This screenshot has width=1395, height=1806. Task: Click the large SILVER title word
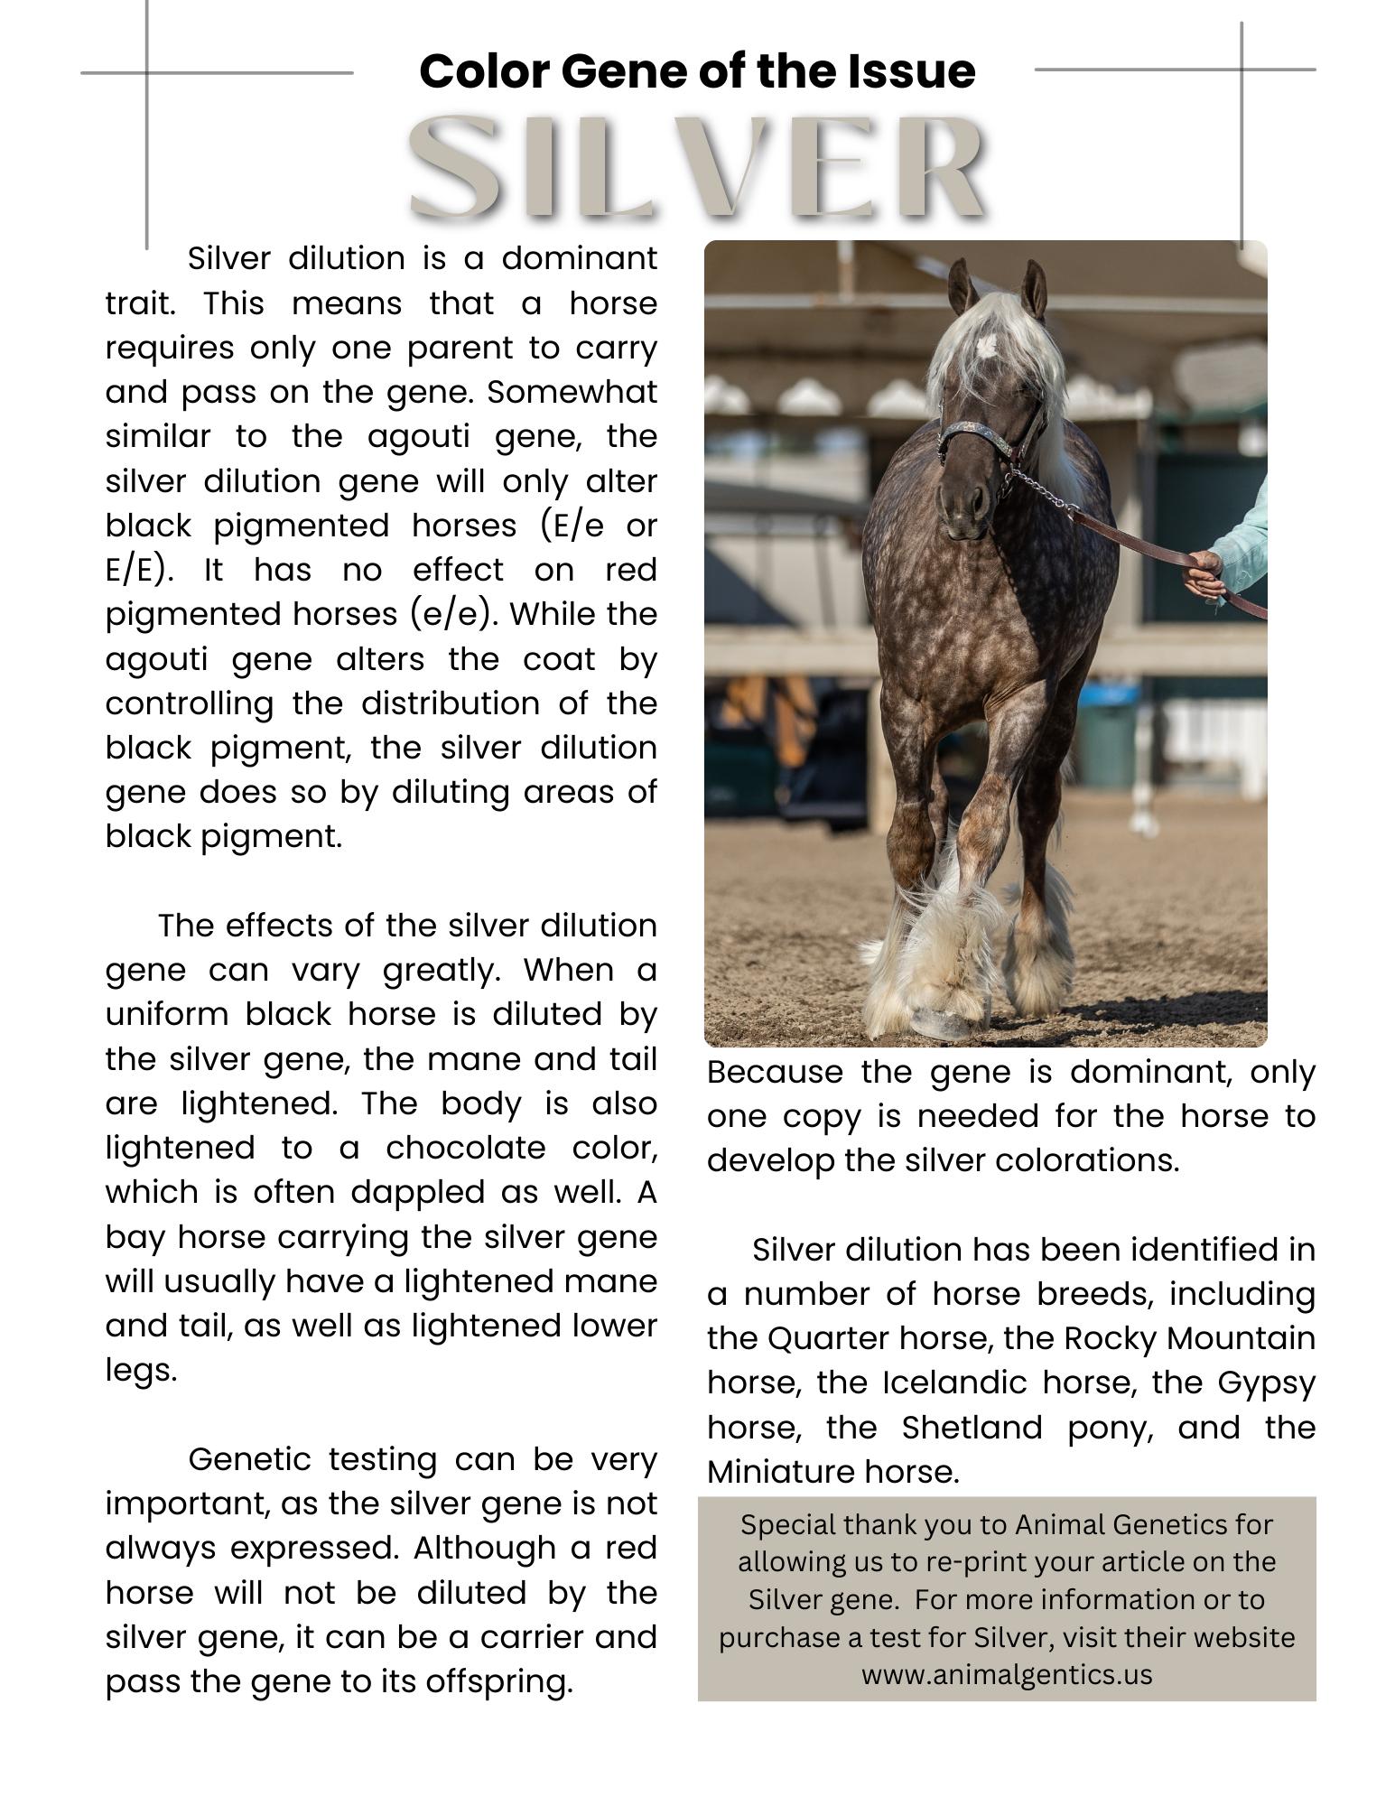pyautogui.click(x=697, y=167)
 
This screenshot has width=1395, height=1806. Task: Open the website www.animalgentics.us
pyautogui.click(x=1007, y=1674)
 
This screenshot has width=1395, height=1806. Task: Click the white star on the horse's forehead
pyautogui.click(x=986, y=345)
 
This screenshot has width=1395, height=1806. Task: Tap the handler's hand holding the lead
pyautogui.click(x=1203, y=574)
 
